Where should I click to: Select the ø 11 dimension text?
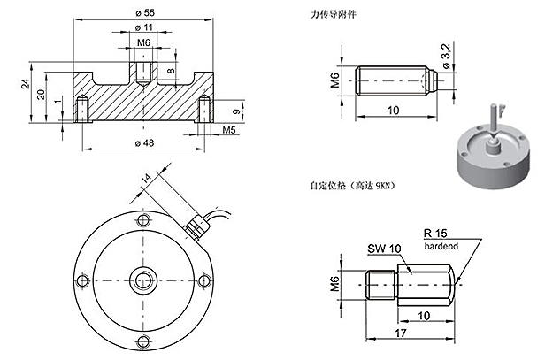point(143,28)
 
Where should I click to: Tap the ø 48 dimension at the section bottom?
point(143,144)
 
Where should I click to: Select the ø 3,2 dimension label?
point(445,62)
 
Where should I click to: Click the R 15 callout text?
point(437,233)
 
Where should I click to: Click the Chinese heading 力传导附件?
point(328,16)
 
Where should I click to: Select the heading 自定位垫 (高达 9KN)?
point(352,187)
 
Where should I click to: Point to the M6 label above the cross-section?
point(143,42)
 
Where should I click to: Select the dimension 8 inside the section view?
point(171,69)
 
